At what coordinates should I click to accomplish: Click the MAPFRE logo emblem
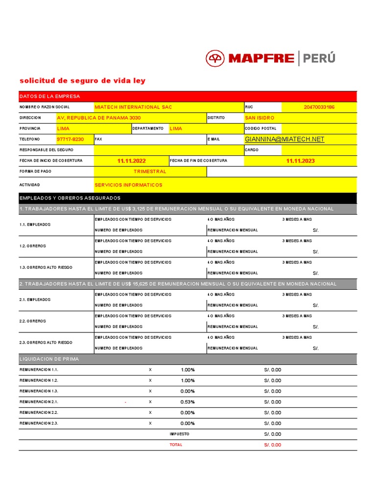click(215, 58)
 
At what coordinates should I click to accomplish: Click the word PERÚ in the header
click(319, 58)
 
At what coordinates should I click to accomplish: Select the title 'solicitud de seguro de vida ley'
click(82, 81)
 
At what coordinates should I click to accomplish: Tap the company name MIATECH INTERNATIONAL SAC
click(133, 107)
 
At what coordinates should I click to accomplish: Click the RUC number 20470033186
click(319, 107)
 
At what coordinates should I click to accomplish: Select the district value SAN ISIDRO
click(259, 118)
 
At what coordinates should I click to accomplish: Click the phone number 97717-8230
click(70, 139)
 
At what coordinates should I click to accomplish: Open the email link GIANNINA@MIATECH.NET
click(284, 139)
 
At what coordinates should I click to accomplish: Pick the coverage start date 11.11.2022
click(131, 161)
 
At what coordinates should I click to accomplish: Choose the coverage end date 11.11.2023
click(300, 161)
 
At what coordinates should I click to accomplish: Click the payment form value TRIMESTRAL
click(150, 172)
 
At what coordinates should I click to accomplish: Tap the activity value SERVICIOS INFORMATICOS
click(128, 185)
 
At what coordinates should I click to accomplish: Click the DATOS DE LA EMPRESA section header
click(49, 96)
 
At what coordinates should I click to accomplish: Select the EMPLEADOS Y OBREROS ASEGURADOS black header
click(70, 198)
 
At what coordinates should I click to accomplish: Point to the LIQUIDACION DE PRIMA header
click(49, 359)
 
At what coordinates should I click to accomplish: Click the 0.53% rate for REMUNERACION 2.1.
click(188, 402)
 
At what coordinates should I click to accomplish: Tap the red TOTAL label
click(176, 445)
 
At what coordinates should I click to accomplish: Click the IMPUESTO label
click(179, 434)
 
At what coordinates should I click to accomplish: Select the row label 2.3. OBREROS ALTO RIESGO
click(46, 343)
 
